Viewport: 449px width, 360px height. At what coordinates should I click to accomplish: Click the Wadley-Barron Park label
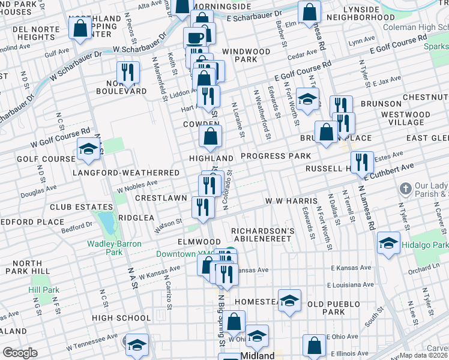point(88,248)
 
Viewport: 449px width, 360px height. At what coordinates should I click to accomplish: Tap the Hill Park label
point(44,290)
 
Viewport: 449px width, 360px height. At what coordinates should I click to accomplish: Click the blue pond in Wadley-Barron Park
point(108,223)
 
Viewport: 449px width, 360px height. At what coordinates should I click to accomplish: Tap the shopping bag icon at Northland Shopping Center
point(80,28)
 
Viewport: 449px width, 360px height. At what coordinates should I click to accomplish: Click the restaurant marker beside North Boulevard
point(128,73)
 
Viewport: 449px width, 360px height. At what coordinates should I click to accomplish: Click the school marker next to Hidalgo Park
point(388,243)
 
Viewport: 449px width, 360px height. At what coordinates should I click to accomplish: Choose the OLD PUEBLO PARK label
point(334,308)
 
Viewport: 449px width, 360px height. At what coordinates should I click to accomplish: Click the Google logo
point(20,352)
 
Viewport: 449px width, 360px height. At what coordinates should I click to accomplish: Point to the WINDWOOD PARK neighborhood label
point(246,56)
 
